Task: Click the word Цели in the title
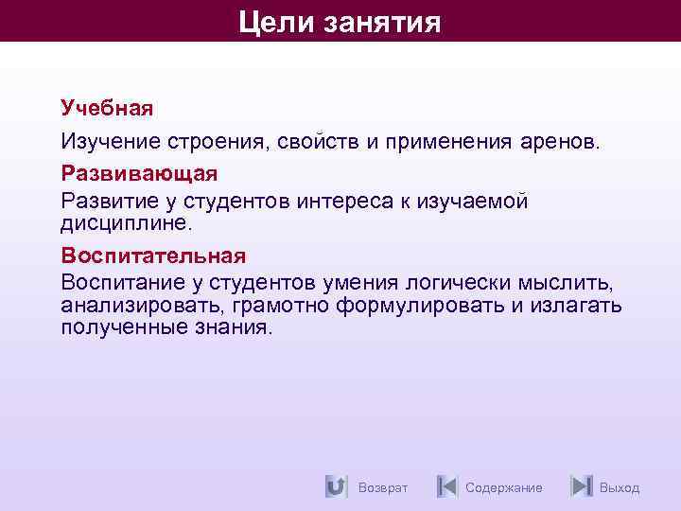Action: pyautogui.click(x=275, y=21)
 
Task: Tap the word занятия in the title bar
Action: pyautogui.click(x=383, y=21)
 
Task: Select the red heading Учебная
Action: pyautogui.click(x=107, y=107)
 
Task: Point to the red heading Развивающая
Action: pyautogui.click(x=139, y=174)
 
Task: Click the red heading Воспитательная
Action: pyautogui.click(x=153, y=255)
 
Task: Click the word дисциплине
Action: pyautogui.click(x=126, y=223)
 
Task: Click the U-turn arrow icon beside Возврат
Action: pyautogui.click(x=335, y=486)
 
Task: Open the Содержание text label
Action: pyautogui.click(x=504, y=487)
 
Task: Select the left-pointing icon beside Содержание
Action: pyautogui.click(x=446, y=486)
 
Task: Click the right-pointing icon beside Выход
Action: pyautogui.click(x=582, y=486)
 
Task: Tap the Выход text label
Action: pyautogui.click(x=620, y=487)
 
